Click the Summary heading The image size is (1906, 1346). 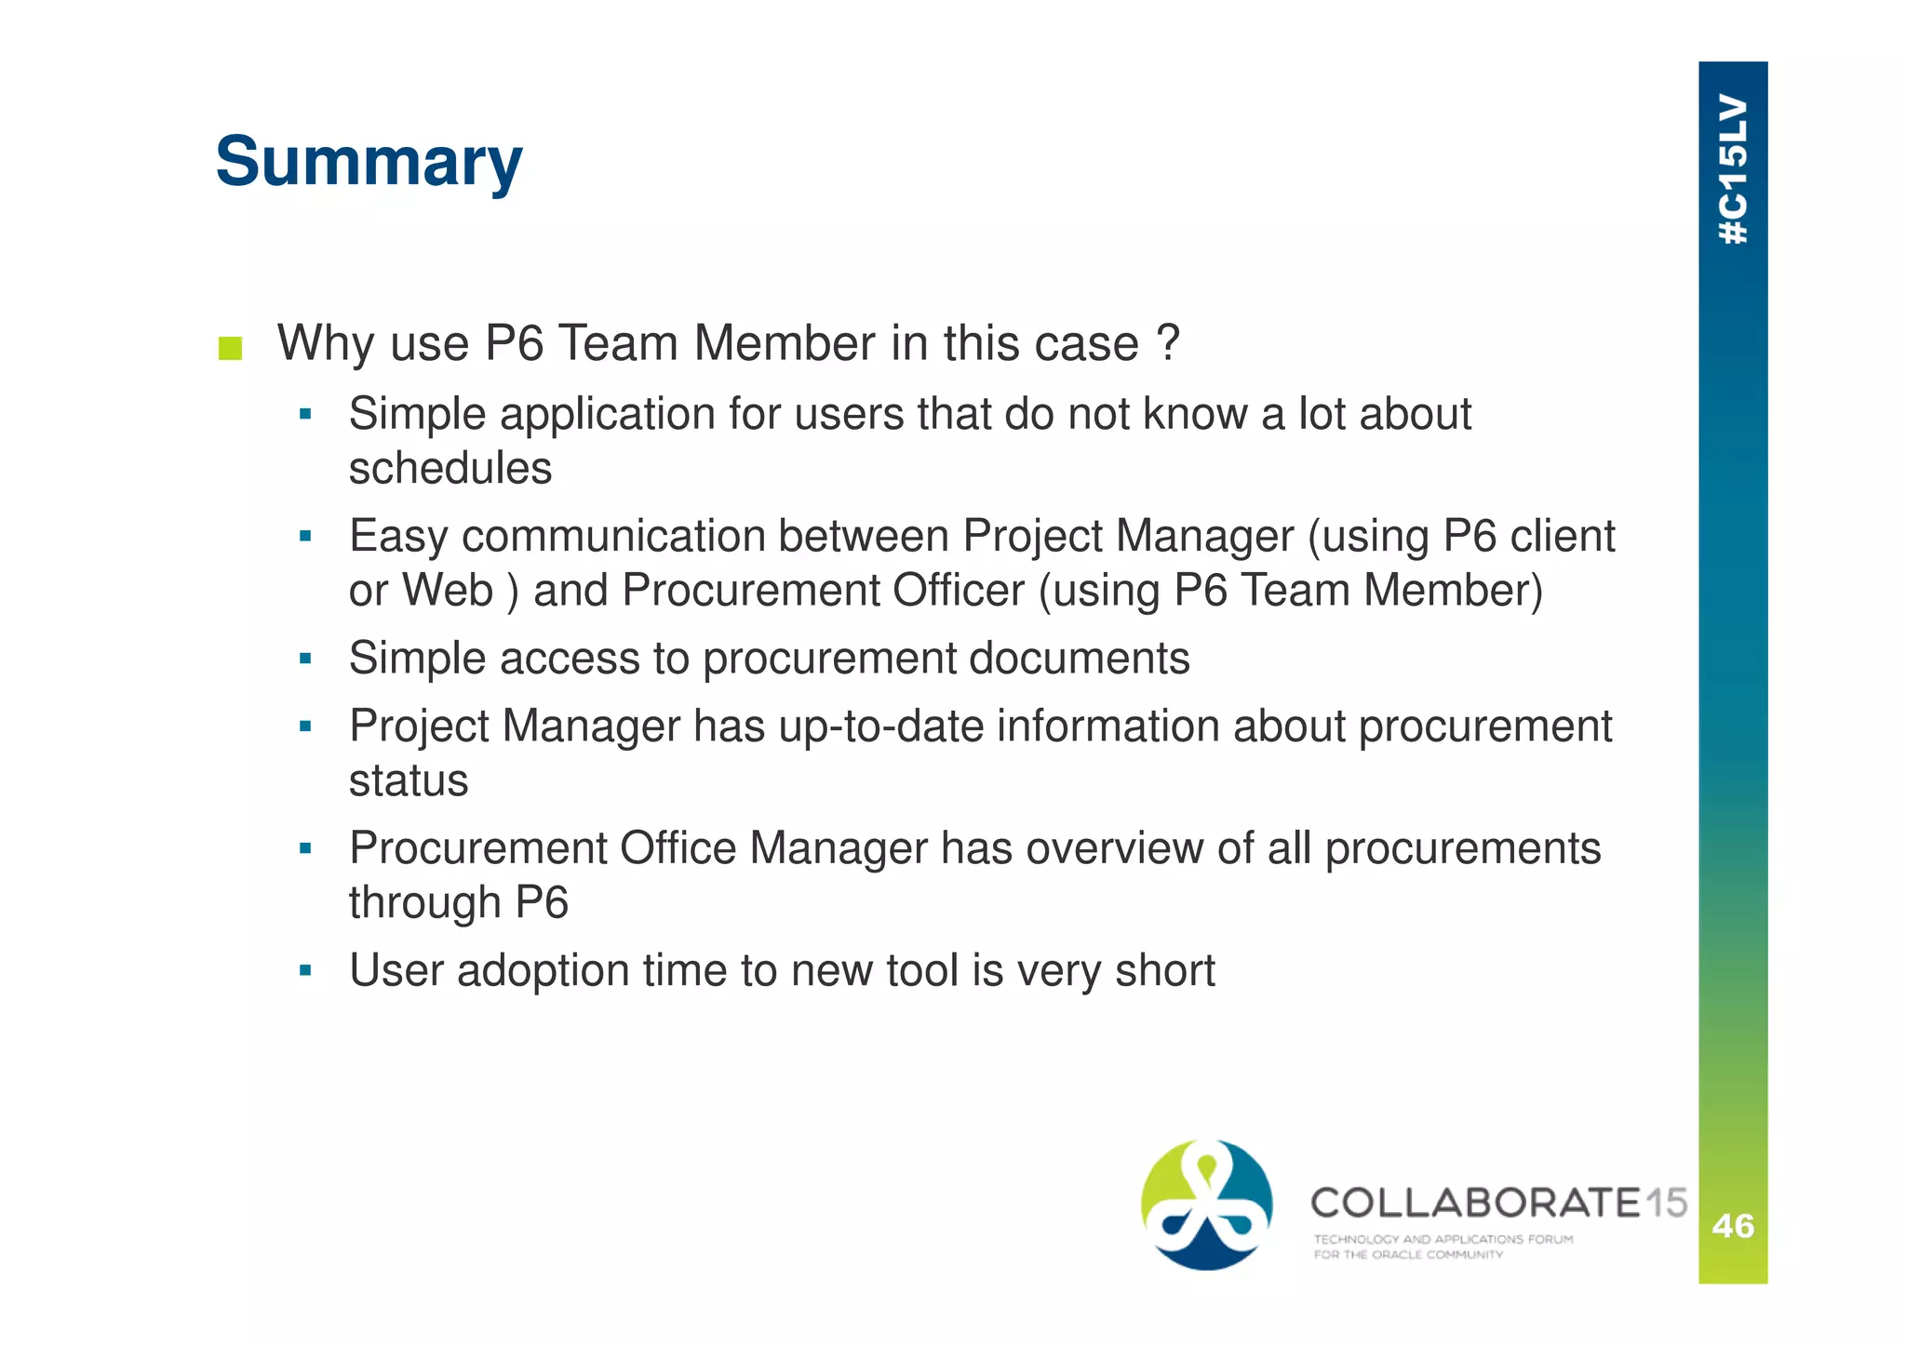[x=369, y=162]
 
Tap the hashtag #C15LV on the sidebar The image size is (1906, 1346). [x=1733, y=169]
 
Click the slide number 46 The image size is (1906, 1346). [x=1733, y=1226]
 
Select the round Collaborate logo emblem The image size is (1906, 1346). [x=1206, y=1205]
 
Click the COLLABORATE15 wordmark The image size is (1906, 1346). [x=1498, y=1203]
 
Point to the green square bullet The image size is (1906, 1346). [x=230, y=349]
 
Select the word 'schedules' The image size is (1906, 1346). [x=450, y=468]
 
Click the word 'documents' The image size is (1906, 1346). [x=1080, y=659]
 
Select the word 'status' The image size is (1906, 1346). [x=409, y=780]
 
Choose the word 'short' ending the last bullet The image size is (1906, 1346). [x=1165, y=971]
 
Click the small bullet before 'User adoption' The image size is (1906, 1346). [x=305, y=971]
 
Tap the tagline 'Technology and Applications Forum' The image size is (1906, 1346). [x=1443, y=1239]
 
